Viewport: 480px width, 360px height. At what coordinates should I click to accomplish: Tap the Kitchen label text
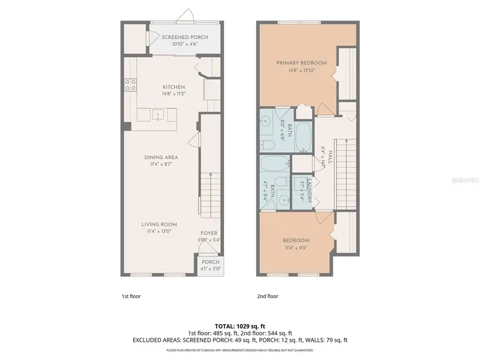coord(174,87)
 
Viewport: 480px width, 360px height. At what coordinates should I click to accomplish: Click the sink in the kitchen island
coord(158,114)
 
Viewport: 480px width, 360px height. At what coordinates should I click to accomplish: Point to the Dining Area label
coord(161,157)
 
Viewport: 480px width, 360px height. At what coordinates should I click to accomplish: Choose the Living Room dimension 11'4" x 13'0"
coord(159,231)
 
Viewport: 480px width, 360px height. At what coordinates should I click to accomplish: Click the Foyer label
coord(209,233)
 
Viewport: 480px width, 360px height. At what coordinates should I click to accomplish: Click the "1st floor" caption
coord(131,296)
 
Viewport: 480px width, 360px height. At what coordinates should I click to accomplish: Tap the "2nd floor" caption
coord(268,296)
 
